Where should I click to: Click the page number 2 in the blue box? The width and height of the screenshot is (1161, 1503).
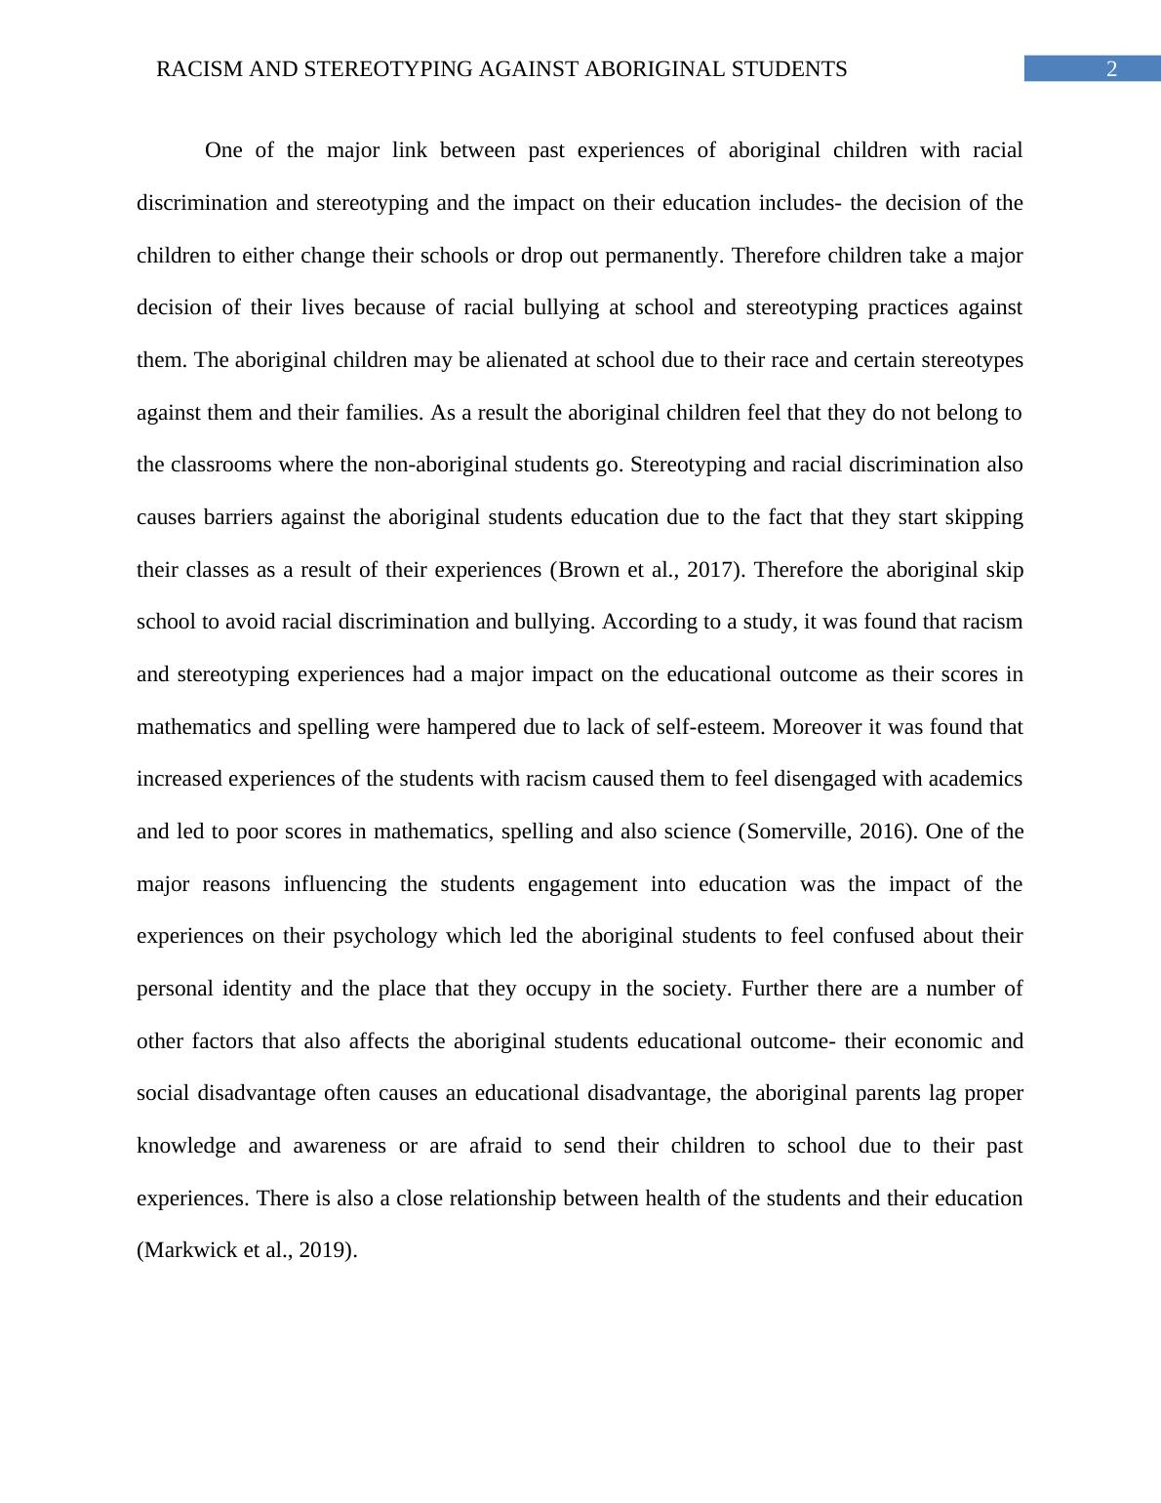tap(1110, 69)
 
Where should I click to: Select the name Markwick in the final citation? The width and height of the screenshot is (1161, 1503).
tap(185, 1250)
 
